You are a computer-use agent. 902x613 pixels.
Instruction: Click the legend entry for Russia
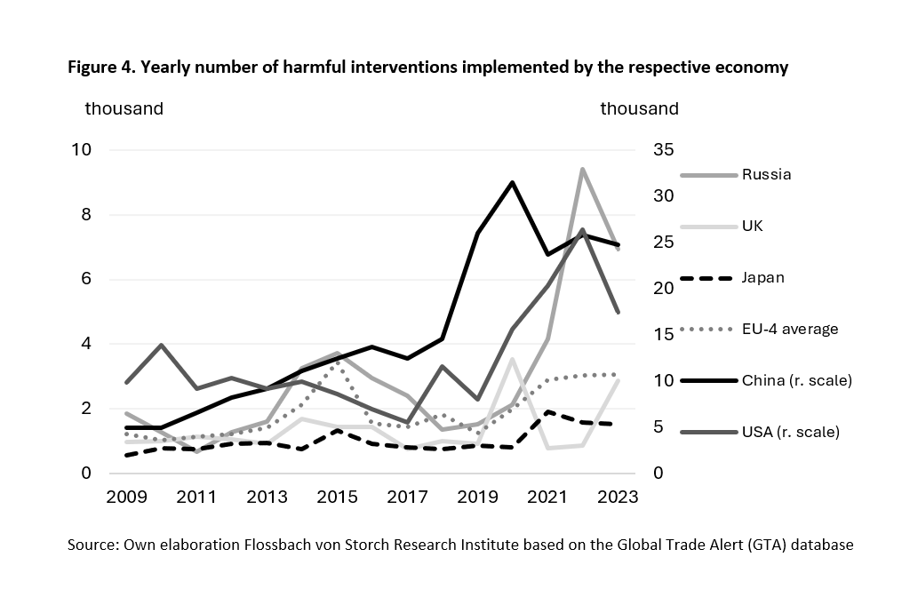(766, 174)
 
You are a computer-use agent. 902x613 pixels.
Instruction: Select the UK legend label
(752, 226)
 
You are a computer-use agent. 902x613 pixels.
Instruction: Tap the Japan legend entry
(762, 277)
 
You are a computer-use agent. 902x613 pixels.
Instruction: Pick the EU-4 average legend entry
(790, 329)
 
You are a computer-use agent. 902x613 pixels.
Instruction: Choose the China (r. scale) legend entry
(797, 380)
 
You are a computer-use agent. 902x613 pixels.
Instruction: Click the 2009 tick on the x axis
(126, 498)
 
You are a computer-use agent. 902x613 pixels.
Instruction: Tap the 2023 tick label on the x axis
(618, 498)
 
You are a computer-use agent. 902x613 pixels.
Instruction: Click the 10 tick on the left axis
(82, 149)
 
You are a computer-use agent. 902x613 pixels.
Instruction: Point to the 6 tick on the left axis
(86, 279)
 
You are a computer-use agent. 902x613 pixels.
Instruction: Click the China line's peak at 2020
(512, 182)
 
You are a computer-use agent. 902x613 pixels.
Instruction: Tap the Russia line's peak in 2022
(582, 169)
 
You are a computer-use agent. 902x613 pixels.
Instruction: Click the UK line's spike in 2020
(512, 359)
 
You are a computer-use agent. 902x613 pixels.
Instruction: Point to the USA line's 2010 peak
(160, 345)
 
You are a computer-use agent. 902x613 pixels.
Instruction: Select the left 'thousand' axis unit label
(124, 108)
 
